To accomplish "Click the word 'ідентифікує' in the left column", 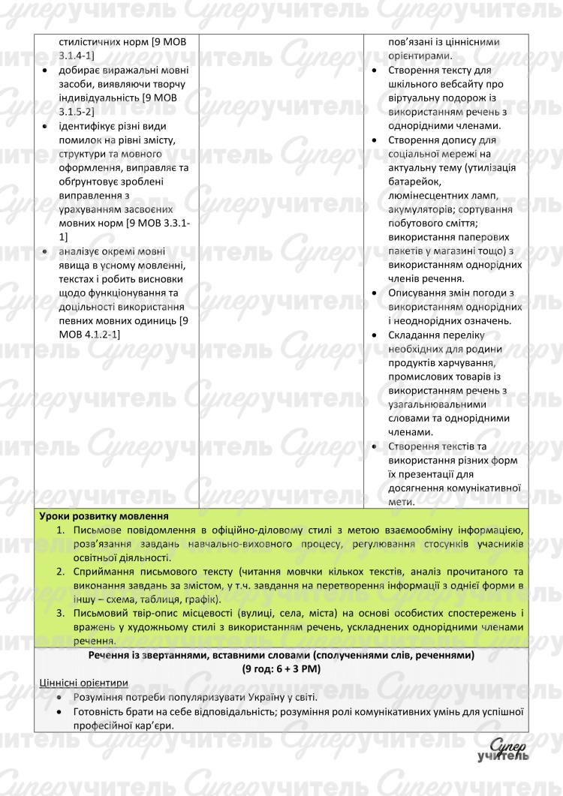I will [x=89, y=125].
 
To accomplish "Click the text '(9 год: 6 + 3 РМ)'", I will [x=281, y=668].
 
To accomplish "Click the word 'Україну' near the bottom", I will [x=247, y=697].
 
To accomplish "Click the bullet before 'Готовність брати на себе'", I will [x=59, y=711].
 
